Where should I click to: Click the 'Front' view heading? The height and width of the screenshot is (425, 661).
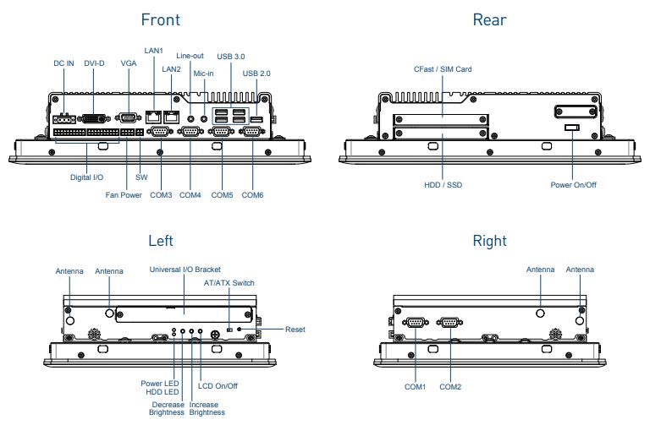[160, 19]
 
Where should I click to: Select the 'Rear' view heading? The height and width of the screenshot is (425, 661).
[490, 19]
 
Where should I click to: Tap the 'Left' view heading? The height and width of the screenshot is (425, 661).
[160, 241]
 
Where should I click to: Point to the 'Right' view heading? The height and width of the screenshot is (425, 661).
[490, 241]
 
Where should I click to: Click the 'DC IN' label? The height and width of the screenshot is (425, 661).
[63, 63]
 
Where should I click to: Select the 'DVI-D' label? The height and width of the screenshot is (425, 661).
[95, 63]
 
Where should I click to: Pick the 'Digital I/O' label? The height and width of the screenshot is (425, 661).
[86, 177]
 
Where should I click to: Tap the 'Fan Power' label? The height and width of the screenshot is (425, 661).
[124, 195]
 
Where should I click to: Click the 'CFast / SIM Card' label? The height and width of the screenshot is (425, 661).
[443, 69]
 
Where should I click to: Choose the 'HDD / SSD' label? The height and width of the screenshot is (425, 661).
[443, 183]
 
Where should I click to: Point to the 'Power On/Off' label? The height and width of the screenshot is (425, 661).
[572, 183]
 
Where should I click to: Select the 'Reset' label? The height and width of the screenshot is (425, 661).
[295, 329]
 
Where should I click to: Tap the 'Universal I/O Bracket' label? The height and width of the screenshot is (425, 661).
[185, 269]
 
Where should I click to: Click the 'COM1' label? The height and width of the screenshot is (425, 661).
[416, 387]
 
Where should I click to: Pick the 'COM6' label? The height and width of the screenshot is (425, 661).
[253, 195]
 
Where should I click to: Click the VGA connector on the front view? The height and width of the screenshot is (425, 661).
[129, 118]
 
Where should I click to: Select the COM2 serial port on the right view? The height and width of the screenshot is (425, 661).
[449, 322]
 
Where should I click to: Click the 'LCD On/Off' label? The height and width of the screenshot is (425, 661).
[218, 386]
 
